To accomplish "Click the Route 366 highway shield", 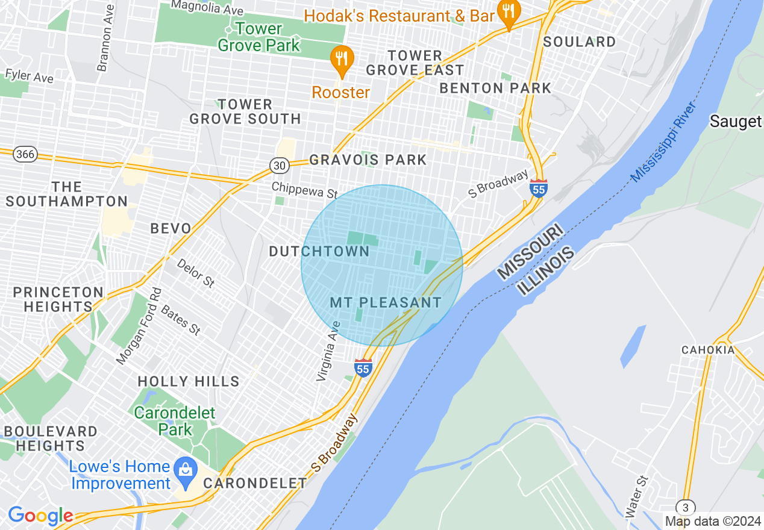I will coord(25,155).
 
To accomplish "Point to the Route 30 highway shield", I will coord(278,165).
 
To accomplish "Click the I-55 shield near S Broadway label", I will coord(539,189).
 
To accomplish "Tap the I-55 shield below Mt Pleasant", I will coord(363,367).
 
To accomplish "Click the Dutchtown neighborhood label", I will coord(319,252).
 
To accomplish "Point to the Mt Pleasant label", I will coord(386,302).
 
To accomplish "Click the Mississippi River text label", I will coord(663,142).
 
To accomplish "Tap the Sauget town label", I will coord(735,122).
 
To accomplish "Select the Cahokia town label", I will coord(708,350).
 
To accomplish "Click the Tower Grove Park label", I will coord(258,37).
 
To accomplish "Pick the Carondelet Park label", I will coord(174,421).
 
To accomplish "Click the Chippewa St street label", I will coord(304,190).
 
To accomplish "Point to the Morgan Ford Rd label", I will coord(139,326).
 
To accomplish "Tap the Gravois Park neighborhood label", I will coord(368,160).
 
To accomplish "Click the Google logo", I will coord(40,516).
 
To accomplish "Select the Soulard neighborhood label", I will coord(579,42).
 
